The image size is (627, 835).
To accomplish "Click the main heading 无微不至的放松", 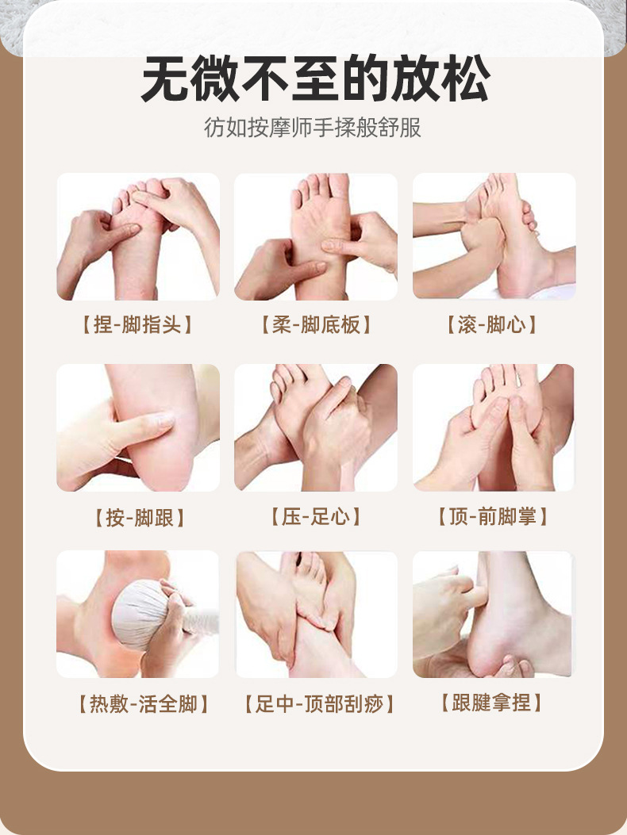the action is [x=314, y=79].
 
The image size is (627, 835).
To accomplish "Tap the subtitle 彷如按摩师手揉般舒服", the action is [x=313, y=128].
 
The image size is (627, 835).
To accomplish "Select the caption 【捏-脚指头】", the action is [x=137, y=325].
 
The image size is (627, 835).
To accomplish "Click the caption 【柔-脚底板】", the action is [x=316, y=325].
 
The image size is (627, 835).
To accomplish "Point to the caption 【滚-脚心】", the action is [x=492, y=325].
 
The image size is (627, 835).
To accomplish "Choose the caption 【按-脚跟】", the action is [x=140, y=518].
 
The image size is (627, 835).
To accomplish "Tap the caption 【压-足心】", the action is [x=316, y=516].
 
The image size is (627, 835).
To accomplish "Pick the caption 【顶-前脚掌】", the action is [x=493, y=516].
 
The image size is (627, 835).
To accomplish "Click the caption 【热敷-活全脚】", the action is [x=144, y=704].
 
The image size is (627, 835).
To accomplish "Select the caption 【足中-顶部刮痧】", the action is [x=319, y=704].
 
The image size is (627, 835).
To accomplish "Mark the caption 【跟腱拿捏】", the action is [x=491, y=703].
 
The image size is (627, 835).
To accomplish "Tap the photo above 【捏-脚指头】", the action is [x=138, y=236].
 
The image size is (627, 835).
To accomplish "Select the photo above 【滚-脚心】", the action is [x=494, y=236].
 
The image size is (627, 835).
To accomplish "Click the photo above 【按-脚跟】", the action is [x=138, y=427].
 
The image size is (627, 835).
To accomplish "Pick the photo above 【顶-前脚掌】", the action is [x=494, y=427].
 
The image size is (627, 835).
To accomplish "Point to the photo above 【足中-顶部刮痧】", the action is [x=316, y=615].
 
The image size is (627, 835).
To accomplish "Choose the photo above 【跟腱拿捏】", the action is [x=493, y=615].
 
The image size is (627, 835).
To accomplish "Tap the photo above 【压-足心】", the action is [x=316, y=427].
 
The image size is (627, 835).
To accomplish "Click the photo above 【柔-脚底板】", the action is [x=316, y=236].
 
